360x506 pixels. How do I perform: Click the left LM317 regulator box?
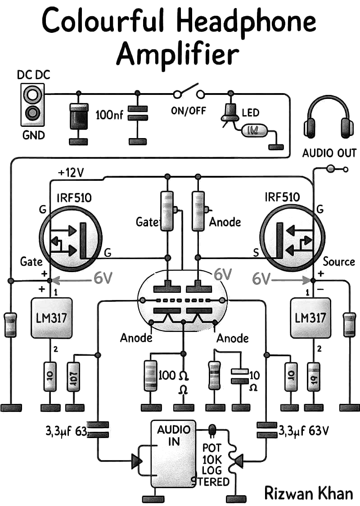51,318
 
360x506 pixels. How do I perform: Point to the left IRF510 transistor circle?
71,237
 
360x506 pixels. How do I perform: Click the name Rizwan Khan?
308,493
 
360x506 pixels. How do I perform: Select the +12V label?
71,173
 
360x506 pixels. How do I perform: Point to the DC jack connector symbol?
32,104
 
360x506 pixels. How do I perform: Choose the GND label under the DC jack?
33,134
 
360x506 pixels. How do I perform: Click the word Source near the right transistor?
339,261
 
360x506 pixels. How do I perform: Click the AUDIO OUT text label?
329,153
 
